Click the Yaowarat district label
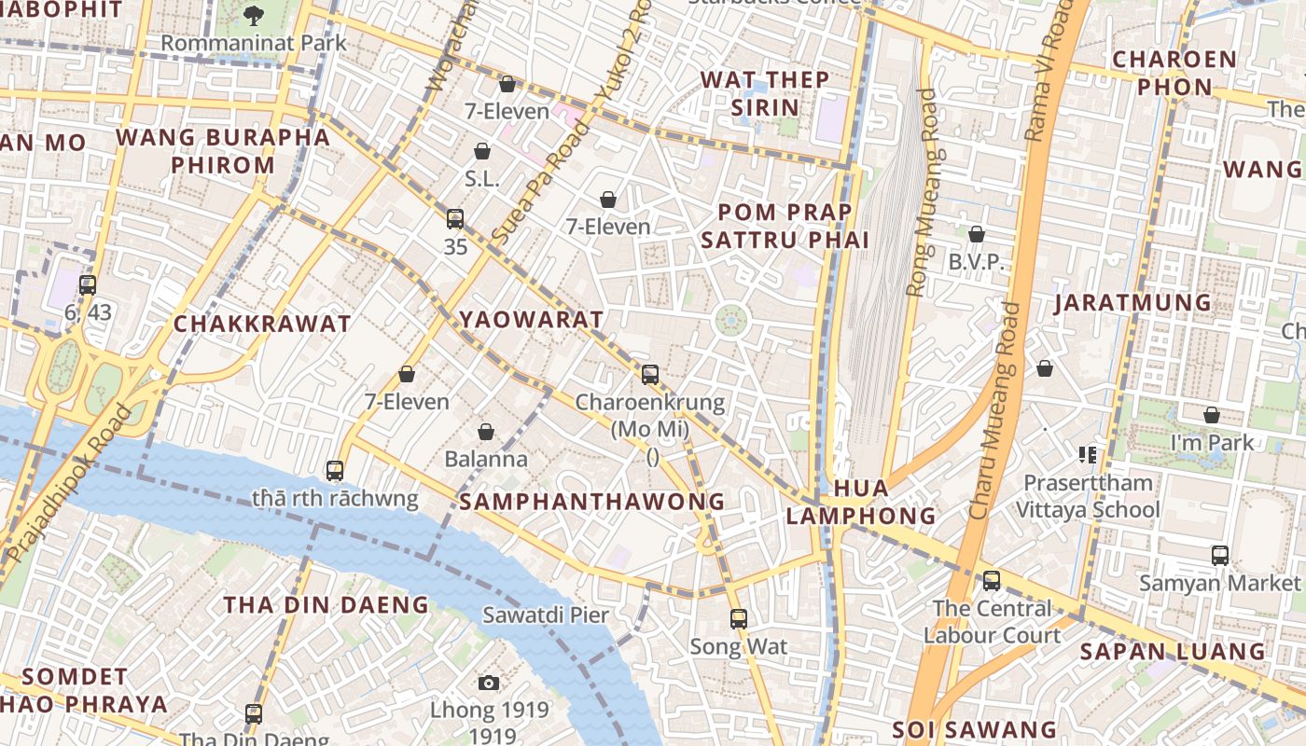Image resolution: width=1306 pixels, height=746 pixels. (532, 320)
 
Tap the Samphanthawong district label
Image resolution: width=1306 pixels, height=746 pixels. (592, 502)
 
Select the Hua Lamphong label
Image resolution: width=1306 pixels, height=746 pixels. (861, 502)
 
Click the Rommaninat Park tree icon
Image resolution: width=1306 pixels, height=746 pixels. (253, 15)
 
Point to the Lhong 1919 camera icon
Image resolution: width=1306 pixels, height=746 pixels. (488, 684)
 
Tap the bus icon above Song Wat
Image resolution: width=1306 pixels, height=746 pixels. (739, 618)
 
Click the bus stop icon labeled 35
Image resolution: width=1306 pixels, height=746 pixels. (455, 219)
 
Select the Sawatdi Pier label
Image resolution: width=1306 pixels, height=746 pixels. (546, 615)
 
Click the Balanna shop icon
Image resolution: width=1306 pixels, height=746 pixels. (485, 432)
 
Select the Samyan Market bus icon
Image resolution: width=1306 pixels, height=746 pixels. (1219, 556)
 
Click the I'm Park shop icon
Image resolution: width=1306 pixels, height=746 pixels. (1211, 415)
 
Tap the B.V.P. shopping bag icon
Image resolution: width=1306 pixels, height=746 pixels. (977, 234)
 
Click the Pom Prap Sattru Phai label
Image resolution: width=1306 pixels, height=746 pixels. (785, 226)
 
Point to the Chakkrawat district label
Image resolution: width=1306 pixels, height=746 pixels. (262, 325)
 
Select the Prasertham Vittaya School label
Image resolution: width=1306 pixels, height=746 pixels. (1088, 496)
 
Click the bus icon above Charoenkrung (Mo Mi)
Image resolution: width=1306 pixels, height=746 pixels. (650, 375)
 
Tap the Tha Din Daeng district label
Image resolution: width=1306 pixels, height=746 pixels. (326, 605)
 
